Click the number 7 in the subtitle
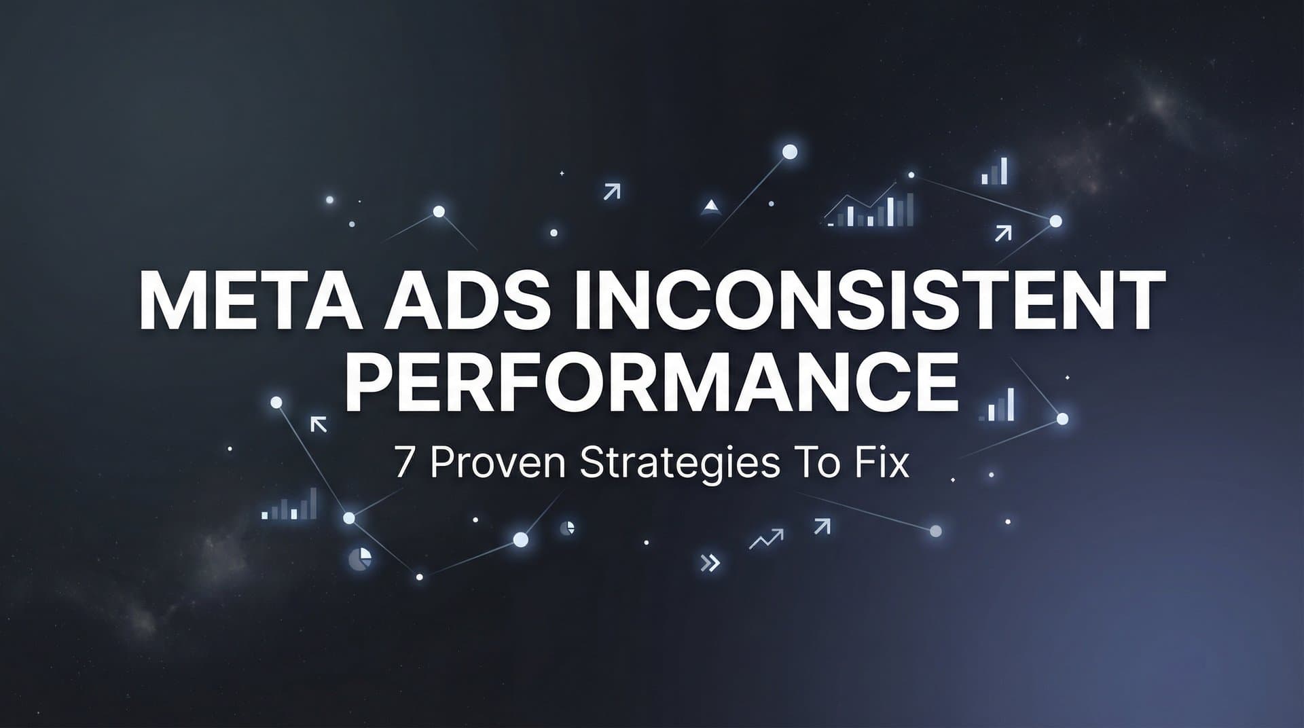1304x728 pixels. pyautogui.click(x=403, y=465)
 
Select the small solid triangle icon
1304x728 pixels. pyautogui.click(x=710, y=206)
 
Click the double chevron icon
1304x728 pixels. pyautogui.click(x=710, y=562)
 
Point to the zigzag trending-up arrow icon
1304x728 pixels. pyautogui.click(x=765, y=539)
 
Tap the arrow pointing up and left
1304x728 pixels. pyautogui.click(x=319, y=424)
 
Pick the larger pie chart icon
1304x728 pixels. pyautogui.click(x=360, y=559)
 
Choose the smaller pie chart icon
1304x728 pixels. pyautogui.click(x=568, y=528)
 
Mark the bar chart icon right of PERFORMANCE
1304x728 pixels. pyautogui.click(x=997, y=405)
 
